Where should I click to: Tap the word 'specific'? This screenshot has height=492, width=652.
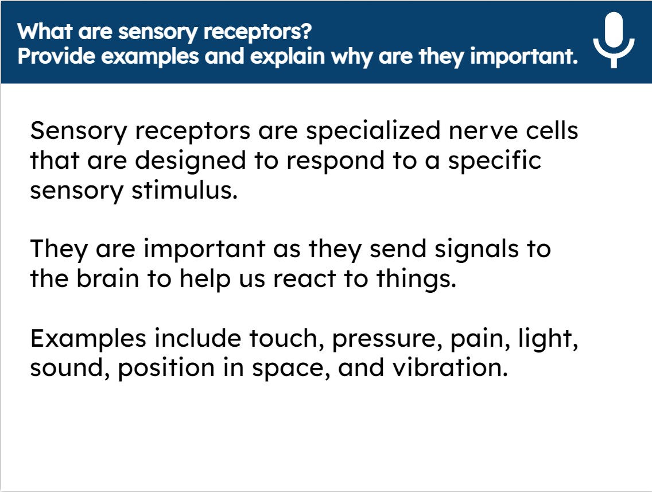pyautogui.click(x=494, y=161)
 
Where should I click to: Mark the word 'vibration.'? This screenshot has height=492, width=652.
pyautogui.click(x=450, y=368)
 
